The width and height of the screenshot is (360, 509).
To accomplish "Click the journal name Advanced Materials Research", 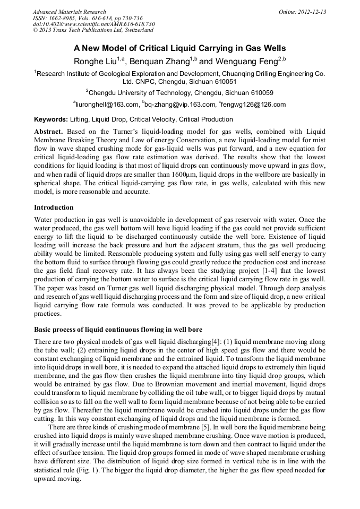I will pyautogui.click(x=69, y=12).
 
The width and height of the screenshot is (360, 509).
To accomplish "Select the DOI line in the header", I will pyautogui.click(x=93, y=23).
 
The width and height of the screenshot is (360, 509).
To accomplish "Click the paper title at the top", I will pyautogui.click(x=179, y=48).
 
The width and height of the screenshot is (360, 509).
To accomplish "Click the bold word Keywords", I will pyautogui.click(x=51, y=119).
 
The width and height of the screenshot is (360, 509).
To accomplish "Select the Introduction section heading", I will pyautogui.click(x=54, y=208).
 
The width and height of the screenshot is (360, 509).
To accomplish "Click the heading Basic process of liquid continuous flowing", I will pyautogui.click(x=117, y=329).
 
